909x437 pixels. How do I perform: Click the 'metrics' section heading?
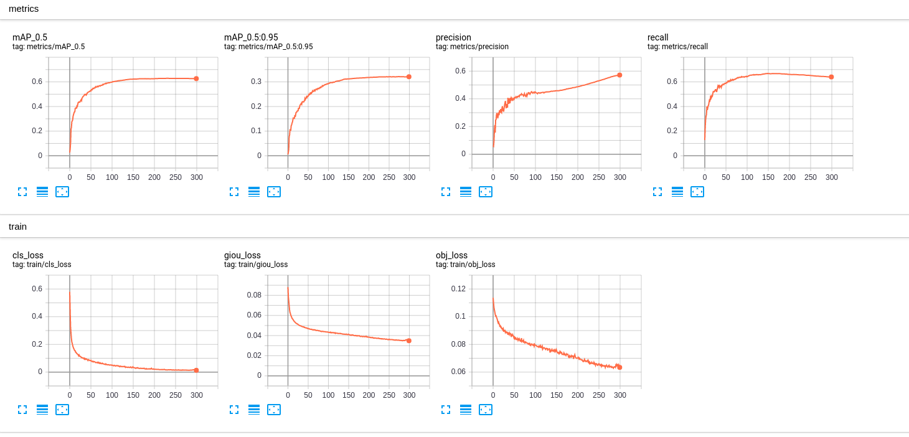(24, 9)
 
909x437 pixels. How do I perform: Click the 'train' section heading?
(17, 227)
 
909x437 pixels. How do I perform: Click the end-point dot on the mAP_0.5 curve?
(196, 78)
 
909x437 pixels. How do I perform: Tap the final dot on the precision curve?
(619, 75)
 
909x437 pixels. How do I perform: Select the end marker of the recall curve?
(831, 77)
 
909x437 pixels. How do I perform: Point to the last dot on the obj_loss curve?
(619, 367)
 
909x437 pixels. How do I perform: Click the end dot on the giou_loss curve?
(409, 341)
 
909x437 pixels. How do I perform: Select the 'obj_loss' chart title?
(451, 255)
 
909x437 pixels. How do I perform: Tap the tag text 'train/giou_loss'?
(256, 265)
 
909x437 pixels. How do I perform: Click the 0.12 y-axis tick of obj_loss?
(458, 288)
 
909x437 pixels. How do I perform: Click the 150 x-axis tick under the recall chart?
(768, 177)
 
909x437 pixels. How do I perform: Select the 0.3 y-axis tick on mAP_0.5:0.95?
(256, 82)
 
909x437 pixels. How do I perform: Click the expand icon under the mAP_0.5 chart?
(22, 192)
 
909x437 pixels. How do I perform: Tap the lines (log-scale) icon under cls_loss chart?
(42, 410)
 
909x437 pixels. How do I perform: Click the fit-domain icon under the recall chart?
(697, 192)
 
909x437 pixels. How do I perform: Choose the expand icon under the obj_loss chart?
(446, 410)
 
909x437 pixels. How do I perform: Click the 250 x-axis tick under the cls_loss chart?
(176, 395)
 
